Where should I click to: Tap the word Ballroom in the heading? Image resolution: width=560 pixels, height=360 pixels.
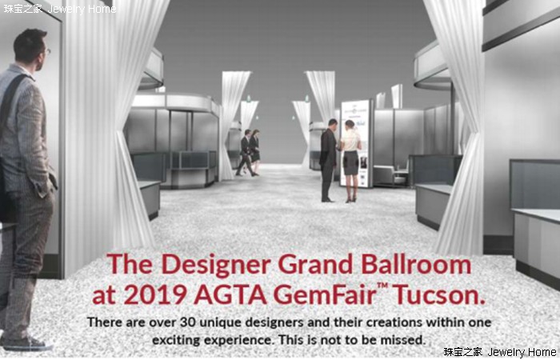click(x=416, y=265)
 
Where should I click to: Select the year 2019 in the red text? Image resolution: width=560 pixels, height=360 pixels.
click(x=157, y=295)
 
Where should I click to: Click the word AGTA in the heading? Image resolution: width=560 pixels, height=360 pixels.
click(x=230, y=295)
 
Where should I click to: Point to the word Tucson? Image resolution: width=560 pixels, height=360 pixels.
click(x=440, y=294)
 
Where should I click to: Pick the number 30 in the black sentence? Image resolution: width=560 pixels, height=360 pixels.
click(x=188, y=322)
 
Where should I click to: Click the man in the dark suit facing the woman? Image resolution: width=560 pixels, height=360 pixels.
click(x=328, y=160)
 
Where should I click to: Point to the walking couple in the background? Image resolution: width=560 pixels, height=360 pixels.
click(x=249, y=153)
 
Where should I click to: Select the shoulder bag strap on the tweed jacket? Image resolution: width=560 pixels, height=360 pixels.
click(x=10, y=100)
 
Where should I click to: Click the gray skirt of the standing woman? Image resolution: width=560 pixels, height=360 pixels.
click(x=350, y=163)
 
